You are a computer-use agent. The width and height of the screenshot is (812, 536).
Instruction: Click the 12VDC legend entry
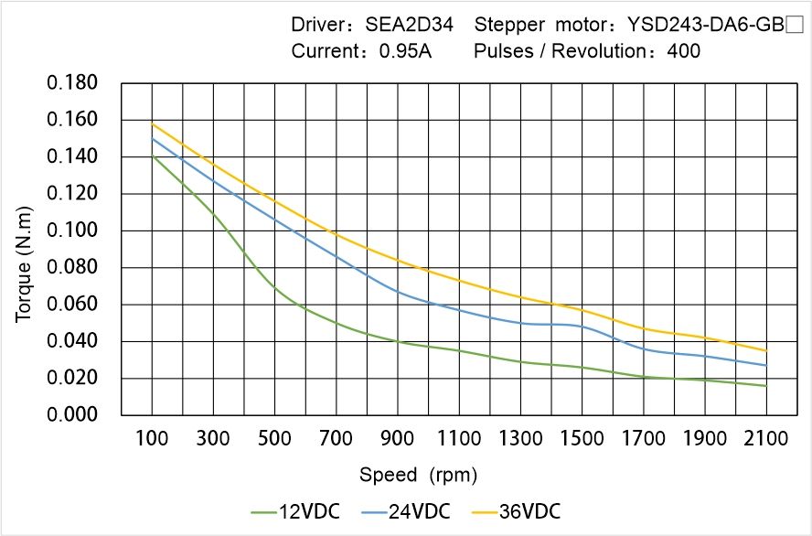(x=295, y=510)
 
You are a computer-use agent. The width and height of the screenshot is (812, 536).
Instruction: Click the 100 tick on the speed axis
(x=152, y=439)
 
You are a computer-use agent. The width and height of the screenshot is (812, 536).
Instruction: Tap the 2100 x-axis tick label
(x=766, y=439)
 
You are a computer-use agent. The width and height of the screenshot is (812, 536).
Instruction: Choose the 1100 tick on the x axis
(x=459, y=439)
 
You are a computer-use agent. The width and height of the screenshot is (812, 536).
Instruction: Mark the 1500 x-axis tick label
(x=582, y=439)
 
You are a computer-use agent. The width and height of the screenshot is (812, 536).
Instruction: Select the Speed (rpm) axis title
(x=419, y=476)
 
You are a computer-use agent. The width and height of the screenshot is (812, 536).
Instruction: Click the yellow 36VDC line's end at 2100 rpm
(x=766, y=350)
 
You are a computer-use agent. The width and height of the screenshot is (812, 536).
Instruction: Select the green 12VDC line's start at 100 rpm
(x=152, y=156)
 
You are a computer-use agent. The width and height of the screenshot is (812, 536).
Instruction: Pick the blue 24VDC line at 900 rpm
(x=398, y=292)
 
